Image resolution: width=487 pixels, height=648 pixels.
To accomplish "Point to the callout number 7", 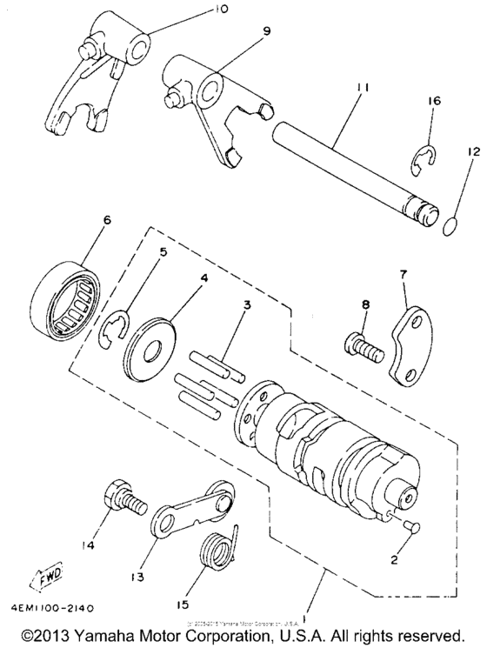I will pos(402,274).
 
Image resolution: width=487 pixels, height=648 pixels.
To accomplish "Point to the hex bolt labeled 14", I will pos(119,498).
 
